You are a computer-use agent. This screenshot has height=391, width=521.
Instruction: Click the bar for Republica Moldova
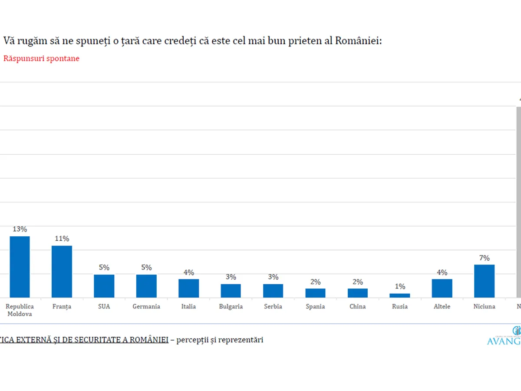20,267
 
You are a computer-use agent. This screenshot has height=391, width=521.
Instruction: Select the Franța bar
62,272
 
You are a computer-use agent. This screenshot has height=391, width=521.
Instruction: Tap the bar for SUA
104,286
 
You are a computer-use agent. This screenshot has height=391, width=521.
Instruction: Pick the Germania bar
146,286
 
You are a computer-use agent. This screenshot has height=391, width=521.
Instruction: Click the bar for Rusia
399,295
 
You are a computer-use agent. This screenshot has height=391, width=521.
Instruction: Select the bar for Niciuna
484,281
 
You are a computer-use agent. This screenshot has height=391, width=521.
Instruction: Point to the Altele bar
442,288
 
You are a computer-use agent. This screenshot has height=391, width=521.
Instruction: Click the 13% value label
20,229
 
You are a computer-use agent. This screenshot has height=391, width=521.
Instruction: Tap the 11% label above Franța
62,239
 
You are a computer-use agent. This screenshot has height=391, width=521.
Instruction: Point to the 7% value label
484,258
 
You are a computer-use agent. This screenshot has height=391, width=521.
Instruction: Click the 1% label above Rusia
400,286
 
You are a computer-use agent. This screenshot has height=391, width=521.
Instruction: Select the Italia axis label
188,306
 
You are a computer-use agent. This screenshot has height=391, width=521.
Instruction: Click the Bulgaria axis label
231,306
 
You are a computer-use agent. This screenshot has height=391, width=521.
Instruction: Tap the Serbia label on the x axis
273,306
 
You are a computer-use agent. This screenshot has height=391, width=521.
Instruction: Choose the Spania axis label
315,306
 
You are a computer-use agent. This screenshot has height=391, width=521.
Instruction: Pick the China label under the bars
357,306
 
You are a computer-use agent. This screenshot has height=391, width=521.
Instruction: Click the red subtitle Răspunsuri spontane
41,58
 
